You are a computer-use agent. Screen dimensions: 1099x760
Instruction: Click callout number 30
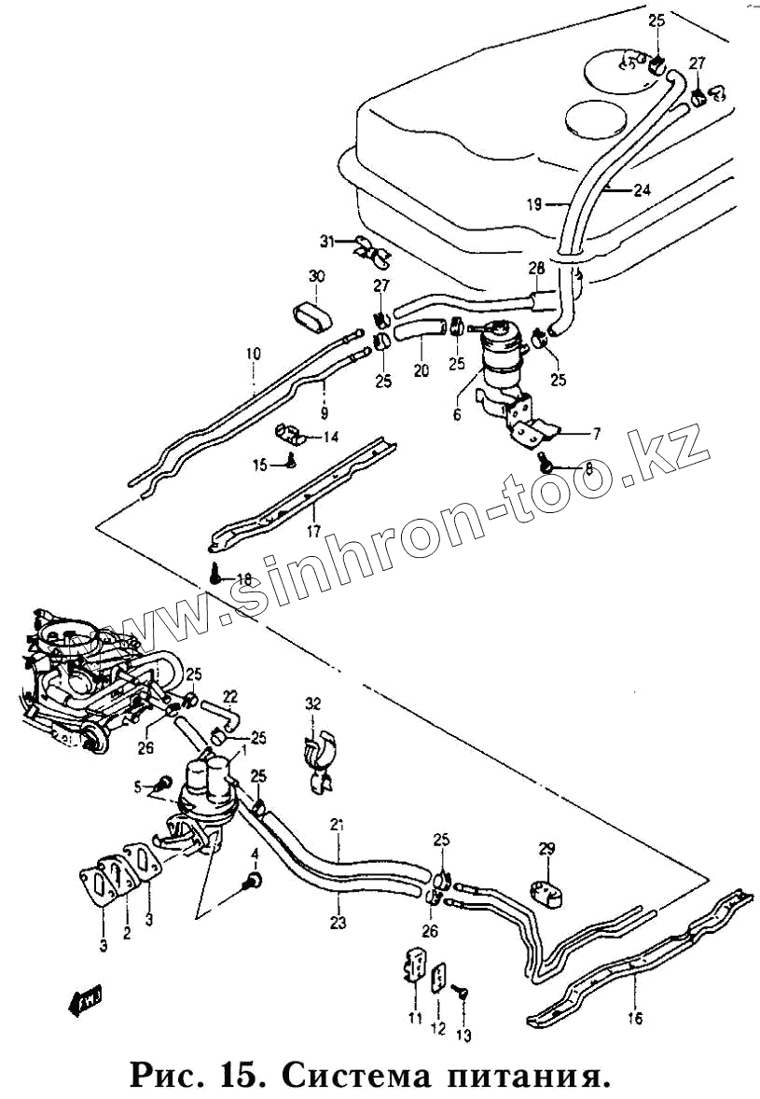click(x=316, y=276)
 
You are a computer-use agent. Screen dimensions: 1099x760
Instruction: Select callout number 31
click(x=326, y=241)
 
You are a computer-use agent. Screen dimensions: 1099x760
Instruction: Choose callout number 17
click(x=313, y=534)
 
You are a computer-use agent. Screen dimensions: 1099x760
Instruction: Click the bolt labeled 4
click(x=253, y=879)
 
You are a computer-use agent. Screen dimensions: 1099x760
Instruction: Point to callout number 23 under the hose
click(x=338, y=923)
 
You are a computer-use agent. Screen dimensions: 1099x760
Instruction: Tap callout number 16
click(x=635, y=1019)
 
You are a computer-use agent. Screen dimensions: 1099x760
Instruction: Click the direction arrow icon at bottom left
click(x=85, y=1002)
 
